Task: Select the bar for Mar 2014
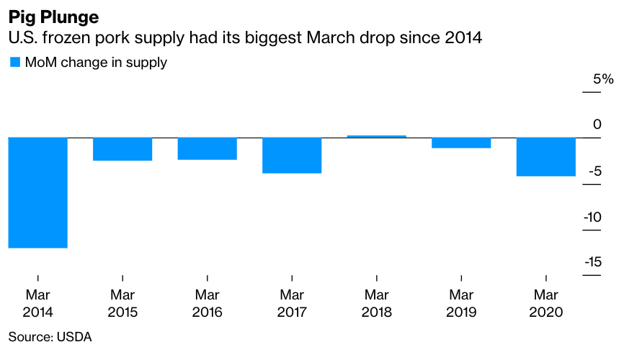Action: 37,192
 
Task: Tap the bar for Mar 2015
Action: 122,149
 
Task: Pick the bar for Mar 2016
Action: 208,148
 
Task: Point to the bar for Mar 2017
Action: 292,156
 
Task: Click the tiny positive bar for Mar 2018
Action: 377,136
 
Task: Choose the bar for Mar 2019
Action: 461,143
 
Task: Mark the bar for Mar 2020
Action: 546,156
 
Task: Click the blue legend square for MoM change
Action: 14,63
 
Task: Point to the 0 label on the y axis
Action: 597,125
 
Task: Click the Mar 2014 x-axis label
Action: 37,303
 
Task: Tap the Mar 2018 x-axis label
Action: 377,303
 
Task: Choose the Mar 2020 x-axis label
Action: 546,303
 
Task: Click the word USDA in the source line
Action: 75,336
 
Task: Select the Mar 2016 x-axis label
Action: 208,303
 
